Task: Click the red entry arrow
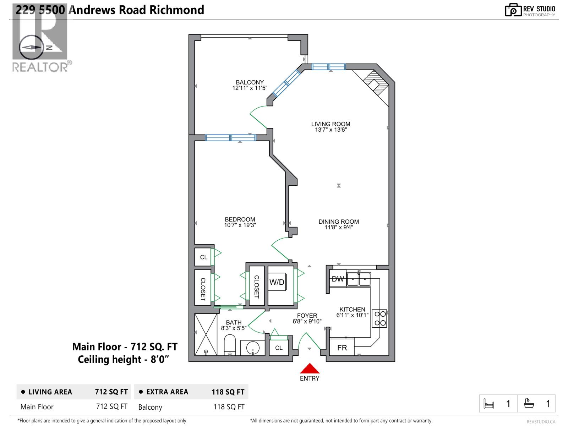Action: click(310, 368)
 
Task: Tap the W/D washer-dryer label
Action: click(277, 282)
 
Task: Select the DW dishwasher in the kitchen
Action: click(338, 279)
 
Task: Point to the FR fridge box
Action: click(342, 348)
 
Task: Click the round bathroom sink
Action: click(252, 347)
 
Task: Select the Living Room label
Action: click(331, 124)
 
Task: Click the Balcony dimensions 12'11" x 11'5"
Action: click(250, 88)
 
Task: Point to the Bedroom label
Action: click(240, 219)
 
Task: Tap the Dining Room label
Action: click(338, 222)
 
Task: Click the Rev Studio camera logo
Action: click(513, 10)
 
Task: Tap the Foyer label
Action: click(307, 316)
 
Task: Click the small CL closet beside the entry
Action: click(279, 348)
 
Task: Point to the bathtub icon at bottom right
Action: click(529, 404)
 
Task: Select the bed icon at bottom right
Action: click(489, 404)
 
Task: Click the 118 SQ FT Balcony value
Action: click(229, 407)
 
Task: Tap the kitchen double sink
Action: click(359, 279)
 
